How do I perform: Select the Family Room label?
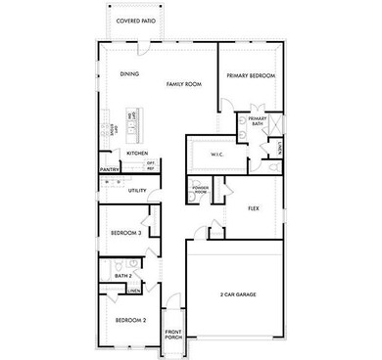point(182,86)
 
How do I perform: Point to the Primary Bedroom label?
point(251,75)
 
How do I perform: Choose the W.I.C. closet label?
point(218,155)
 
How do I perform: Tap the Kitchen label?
point(136,154)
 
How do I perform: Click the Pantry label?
point(110,169)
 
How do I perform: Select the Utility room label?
point(137,190)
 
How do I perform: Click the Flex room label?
point(253,207)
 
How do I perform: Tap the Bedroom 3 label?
point(126,233)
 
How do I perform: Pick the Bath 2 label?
point(122,277)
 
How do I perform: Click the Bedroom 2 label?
point(130,320)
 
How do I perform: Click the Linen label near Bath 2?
point(132,291)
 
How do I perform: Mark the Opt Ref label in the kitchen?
point(152,165)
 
